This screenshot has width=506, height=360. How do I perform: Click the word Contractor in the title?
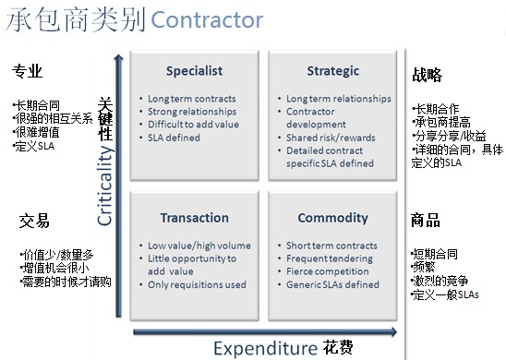tap(207, 20)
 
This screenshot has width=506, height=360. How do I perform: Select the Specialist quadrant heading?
tap(194, 71)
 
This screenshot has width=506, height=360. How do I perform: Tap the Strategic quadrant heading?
tap(333, 71)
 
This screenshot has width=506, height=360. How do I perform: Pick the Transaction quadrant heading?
tap(195, 218)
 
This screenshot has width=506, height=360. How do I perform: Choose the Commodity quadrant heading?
tap(332, 218)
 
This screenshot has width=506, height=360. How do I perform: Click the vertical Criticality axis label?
tap(105, 186)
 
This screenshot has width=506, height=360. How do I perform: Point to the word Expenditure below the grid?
tap(266, 348)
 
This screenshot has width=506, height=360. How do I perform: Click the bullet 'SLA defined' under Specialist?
tap(174, 138)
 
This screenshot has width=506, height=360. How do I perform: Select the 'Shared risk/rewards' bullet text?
tap(331, 138)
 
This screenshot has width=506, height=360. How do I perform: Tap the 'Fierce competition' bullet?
tap(328, 271)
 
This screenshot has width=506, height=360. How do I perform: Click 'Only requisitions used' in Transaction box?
tap(197, 284)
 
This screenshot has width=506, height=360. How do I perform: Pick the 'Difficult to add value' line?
tap(193, 125)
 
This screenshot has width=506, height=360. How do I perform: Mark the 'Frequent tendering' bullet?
tap(330, 258)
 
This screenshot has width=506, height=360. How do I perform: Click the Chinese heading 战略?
tap(427, 75)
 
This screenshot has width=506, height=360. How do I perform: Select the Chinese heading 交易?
tap(34, 221)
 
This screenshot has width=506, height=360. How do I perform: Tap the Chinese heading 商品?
tap(426, 221)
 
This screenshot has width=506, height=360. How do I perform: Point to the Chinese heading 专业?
tap(27, 71)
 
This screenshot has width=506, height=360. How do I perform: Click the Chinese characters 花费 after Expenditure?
tap(338, 348)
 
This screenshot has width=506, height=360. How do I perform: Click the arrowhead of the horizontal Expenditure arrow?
tap(394, 332)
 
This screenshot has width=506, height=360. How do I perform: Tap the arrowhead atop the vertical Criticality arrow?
tap(119, 57)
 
